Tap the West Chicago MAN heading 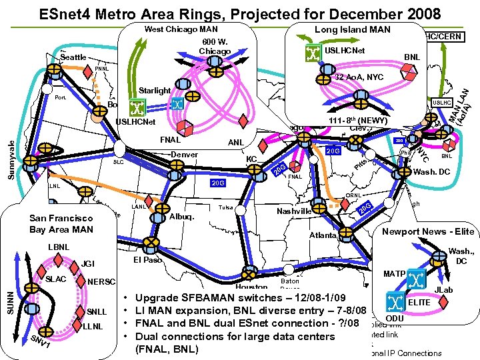point(181,30)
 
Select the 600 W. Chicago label point(215,47)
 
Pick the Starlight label point(155,91)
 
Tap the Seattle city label point(73,57)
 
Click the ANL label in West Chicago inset point(235,143)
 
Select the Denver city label point(185,155)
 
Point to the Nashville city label point(294,211)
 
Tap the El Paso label point(148,259)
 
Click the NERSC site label point(101,281)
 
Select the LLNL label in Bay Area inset point(94,326)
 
